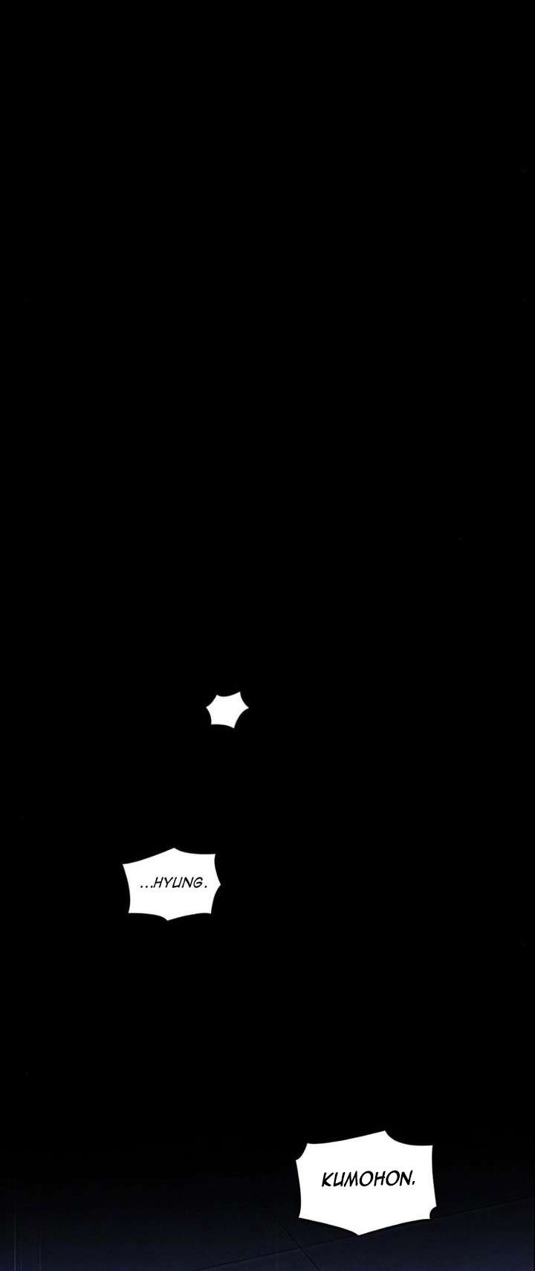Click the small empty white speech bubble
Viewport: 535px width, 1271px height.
227,709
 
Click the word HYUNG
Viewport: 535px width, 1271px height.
177,884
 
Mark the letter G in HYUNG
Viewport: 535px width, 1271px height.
196,884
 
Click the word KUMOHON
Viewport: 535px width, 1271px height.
366,1180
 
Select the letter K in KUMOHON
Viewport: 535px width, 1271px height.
327,1180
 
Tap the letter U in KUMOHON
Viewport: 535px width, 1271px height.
339,1180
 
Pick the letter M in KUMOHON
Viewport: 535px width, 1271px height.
352,1180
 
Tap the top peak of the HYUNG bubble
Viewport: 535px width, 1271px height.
173,849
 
